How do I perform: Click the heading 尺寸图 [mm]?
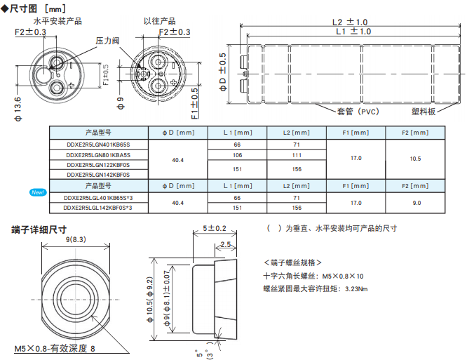click(x=35, y=7)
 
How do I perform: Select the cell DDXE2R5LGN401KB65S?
click(x=97, y=144)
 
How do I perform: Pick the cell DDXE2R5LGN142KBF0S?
click(x=97, y=174)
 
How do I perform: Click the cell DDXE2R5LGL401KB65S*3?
click(x=97, y=197)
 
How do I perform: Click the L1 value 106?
click(x=237, y=154)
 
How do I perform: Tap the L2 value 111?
click(x=297, y=154)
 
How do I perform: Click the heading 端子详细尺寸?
click(x=39, y=229)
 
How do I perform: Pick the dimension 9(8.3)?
click(x=75, y=239)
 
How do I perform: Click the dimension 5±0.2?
click(x=215, y=229)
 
